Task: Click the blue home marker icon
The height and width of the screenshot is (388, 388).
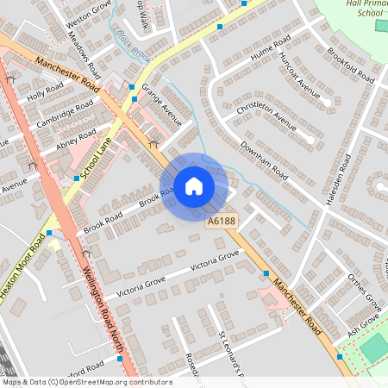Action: point(194,185)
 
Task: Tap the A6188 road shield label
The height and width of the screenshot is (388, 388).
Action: point(221,222)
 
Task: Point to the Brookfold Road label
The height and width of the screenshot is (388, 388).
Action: point(350,65)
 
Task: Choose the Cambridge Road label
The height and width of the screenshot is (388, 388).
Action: point(65,116)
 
